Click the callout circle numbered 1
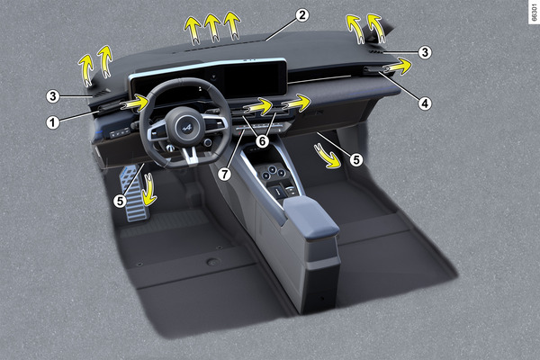[53, 122]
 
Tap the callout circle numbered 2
[302, 15]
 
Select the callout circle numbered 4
[425, 103]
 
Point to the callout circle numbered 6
[263, 141]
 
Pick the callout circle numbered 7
[224, 174]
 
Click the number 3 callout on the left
[53, 96]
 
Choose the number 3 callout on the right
[425, 52]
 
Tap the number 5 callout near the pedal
[120, 201]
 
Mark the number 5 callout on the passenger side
[356, 159]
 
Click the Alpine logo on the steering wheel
[186, 128]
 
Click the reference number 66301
[534, 12]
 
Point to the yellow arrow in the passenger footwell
[328, 157]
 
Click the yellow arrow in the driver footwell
[149, 191]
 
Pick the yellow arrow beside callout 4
[398, 66]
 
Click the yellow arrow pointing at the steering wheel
[136, 103]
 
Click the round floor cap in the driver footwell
[212, 262]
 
